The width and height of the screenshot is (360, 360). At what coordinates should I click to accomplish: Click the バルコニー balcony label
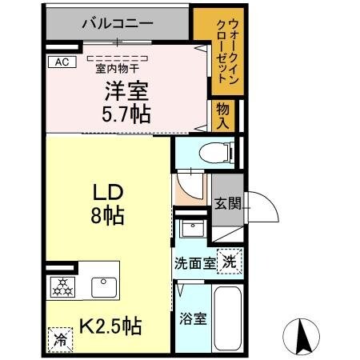coord(118,23)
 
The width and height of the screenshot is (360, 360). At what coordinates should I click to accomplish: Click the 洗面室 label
coord(194,263)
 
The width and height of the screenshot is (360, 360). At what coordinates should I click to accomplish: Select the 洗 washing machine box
coord(229,261)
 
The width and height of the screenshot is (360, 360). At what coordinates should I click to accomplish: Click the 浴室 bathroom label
coord(194,318)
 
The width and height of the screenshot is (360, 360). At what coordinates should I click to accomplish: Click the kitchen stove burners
coord(61,285)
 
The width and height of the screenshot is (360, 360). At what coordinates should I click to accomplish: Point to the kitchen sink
coord(103,286)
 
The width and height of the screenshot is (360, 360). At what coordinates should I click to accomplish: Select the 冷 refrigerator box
coord(58,338)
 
